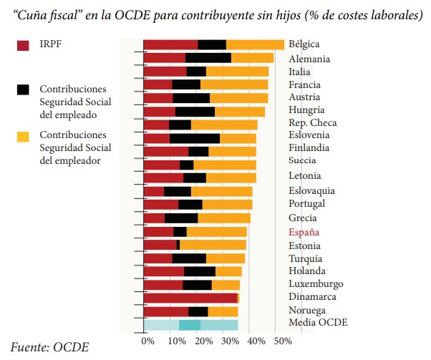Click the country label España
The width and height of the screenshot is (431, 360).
pos(304,232)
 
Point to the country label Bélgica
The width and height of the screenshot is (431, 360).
pos(304,44)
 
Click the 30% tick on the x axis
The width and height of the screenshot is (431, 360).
pos(231,341)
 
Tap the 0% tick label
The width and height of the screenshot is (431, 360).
pos(147,341)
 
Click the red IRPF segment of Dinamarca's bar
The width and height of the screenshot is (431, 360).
pos(190,297)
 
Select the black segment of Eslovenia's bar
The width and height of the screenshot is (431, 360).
pos(195,138)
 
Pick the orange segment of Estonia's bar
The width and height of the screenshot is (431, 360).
pos(213,245)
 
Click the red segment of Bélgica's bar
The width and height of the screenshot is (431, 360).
pos(170,45)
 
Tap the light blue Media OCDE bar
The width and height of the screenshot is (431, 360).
pos(190,324)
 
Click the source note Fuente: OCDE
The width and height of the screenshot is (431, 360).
pos(50,347)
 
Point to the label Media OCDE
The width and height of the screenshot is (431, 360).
pos(318,322)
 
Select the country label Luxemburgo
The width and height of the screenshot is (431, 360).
pos(316,283)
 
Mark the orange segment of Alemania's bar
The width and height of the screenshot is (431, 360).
pos(252,58)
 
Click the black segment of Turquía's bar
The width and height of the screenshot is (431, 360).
pos(189,258)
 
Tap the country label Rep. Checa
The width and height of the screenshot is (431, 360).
pos(313,122)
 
